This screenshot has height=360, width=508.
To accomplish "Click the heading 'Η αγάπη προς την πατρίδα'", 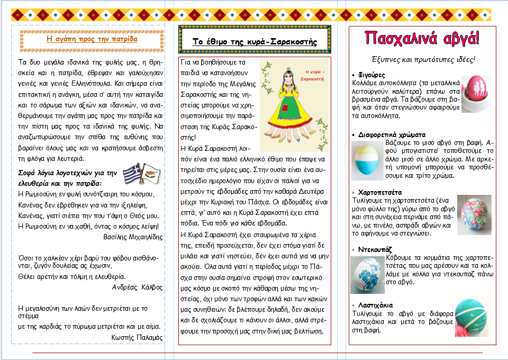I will pyautogui.click(x=92, y=39).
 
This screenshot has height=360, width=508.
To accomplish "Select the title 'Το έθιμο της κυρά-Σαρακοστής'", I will pyautogui.click(x=255, y=41).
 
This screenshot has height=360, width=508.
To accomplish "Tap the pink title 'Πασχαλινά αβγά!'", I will pyautogui.click(x=422, y=38).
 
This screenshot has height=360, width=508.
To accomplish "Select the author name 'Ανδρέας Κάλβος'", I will pyautogui.click(x=138, y=287).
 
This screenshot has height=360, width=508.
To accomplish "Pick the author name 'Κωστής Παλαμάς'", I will pyautogui.click(x=138, y=337).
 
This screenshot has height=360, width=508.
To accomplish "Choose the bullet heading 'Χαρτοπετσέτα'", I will pyautogui.click(x=378, y=192).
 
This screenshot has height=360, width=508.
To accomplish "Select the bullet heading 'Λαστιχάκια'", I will pyautogui.click(x=375, y=305).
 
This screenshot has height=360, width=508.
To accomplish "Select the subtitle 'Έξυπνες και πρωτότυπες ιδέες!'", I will pyautogui.click(x=422, y=59).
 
